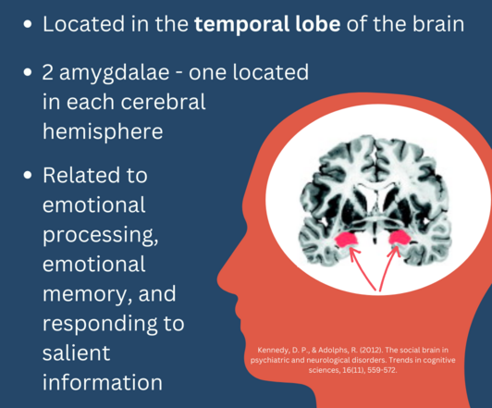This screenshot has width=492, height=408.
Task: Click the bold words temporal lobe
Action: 267,25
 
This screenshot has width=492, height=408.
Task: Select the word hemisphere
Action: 103,131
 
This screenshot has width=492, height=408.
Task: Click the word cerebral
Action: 163,102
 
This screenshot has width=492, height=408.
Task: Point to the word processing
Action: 101,235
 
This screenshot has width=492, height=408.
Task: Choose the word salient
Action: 76,353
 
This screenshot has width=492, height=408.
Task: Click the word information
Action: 103,382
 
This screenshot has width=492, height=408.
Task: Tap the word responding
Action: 100,324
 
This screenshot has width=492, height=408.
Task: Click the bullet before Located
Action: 28,24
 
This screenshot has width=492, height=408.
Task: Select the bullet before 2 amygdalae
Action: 28,72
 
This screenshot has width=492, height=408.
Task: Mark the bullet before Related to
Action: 28,175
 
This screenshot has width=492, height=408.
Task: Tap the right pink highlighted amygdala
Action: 400,238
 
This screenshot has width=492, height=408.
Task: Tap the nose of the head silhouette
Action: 220,278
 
